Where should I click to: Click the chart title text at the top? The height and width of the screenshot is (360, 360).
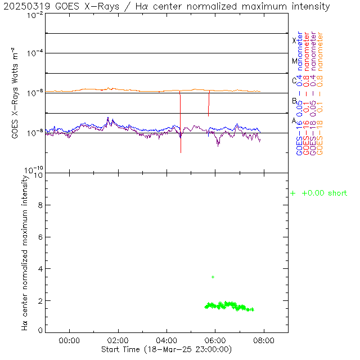[168, 7]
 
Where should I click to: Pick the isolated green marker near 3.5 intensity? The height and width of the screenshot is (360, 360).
[213, 277]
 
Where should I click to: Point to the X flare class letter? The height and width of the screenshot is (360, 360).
[294, 40]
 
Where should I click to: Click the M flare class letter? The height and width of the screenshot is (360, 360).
[294, 61]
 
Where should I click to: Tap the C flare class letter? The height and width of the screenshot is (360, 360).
[294, 80]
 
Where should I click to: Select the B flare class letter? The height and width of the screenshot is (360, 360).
[294, 101]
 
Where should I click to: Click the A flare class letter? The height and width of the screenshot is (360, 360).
[294, 121]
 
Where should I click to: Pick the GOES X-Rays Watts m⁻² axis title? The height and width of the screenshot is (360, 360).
[16, 92]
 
